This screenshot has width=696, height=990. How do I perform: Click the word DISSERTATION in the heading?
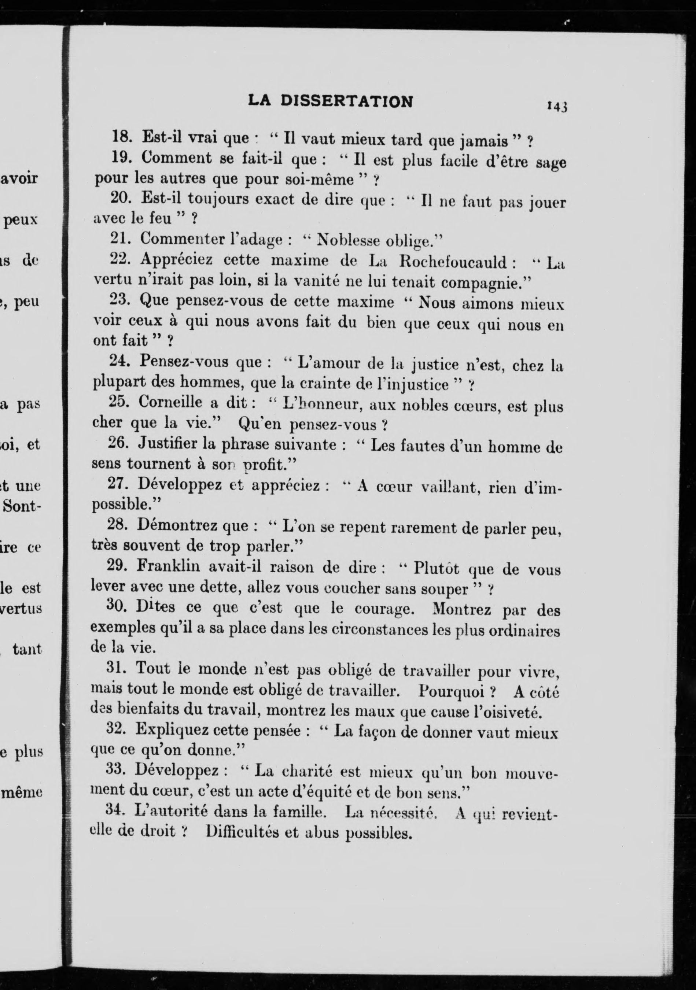coord(347,101)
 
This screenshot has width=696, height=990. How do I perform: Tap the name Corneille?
coord(170,402)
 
